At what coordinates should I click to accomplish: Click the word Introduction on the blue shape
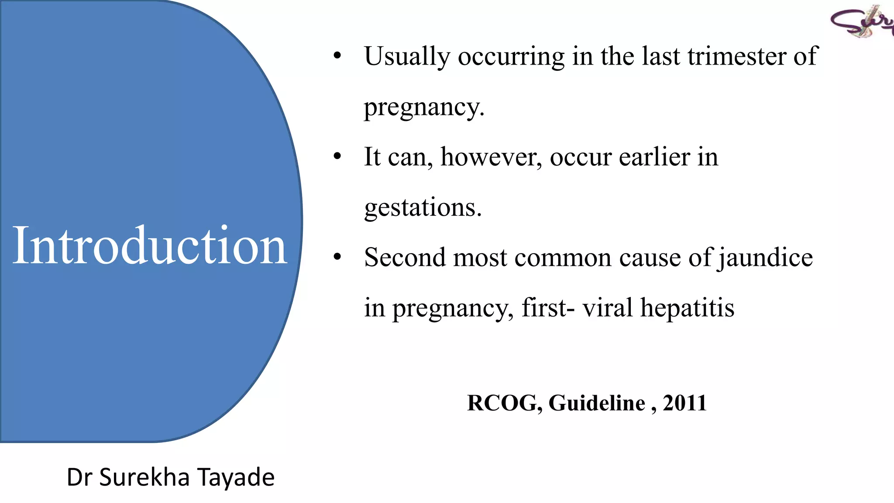click(x=150, y=245)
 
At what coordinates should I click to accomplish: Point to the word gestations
click(x=423, y=207)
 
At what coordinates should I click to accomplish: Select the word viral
click(x=607, y=308)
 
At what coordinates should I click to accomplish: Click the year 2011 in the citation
click(x=684, y=403)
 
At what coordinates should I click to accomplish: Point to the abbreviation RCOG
click(x=504, y=403)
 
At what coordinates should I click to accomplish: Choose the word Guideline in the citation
click(x=597, y=403)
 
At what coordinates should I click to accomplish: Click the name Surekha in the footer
click(x=144, y=477)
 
